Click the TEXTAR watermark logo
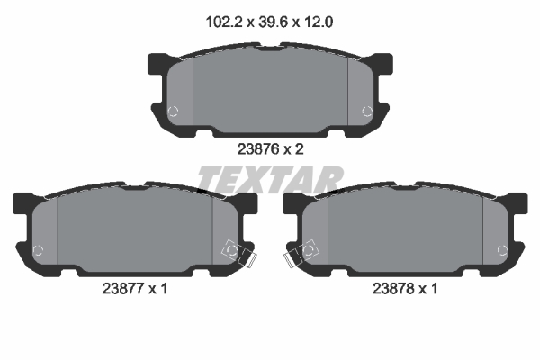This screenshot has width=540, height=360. tap(269, 179)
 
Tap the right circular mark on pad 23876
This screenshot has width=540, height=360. tap(366, 112)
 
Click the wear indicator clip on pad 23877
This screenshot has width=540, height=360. tap(238, 254)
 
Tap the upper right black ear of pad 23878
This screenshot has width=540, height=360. tap(517, 202)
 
